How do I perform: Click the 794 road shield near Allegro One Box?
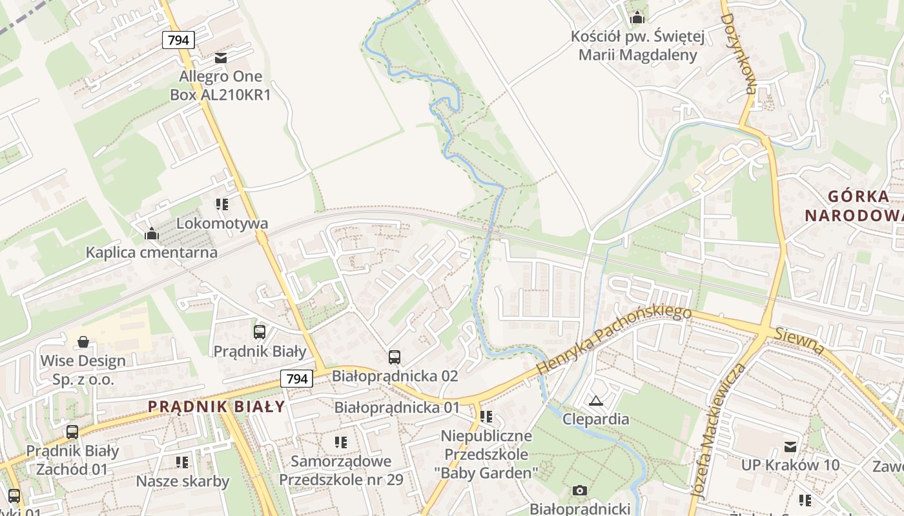click(x=178, y=40)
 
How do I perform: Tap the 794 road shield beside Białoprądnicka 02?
click(x=296, y=379)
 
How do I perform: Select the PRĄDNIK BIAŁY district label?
click(x=216, y=406)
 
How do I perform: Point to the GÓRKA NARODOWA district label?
click(x=854, y=206)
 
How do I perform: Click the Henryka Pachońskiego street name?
click(x=613, y=340)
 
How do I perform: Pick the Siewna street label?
click(x=800, y=341)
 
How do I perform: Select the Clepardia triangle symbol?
click(x=595, y=401)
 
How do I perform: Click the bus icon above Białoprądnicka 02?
click(x=394, y=357)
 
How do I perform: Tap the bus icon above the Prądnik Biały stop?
click(x=259, y=332)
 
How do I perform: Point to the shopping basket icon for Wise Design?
click(x=83, y=341)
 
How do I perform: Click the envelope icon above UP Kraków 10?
click(x=790, y=446)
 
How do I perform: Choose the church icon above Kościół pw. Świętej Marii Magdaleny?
click(x=637, y=17)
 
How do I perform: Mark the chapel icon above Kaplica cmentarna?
click(x=152, y=233)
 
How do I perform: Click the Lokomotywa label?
click(x=222, y=224)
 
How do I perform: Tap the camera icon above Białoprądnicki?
click(x=579, y=491)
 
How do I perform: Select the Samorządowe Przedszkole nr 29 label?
click(x=341, y=470)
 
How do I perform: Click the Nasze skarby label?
click(x=183, y=481)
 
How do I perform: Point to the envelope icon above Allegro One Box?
click(x=221, y=58)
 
